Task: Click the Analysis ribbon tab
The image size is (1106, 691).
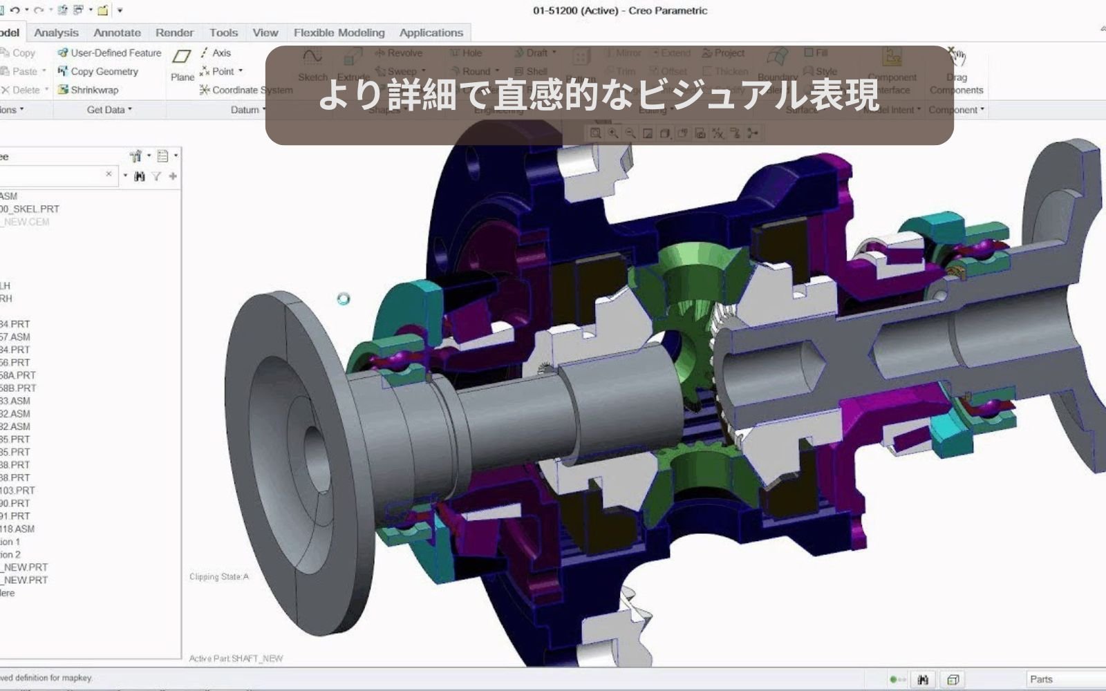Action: tap(56, 32)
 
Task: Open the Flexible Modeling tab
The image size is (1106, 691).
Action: tap(339, 32)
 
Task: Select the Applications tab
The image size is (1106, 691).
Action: tap(431, 32)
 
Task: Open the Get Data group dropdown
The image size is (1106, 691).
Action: tap(109, 110)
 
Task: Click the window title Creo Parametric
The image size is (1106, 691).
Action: tap(620, 10)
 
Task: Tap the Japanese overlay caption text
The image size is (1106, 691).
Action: tap(599, 95)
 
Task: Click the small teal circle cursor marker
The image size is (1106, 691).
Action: tap(344, 299)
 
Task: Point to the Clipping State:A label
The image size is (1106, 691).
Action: tap(219, 577)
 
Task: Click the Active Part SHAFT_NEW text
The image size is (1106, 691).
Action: tap(236, 659)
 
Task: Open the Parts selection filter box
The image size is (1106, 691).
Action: tap(1065, 679)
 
